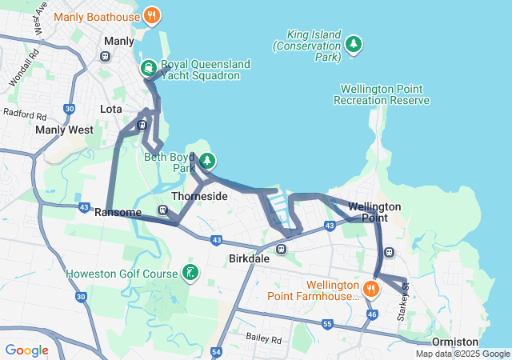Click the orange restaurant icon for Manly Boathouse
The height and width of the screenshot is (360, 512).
pos(152,15)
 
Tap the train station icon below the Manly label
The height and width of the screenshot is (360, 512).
pos(105,56)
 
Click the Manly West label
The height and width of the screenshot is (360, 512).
pos(64,129)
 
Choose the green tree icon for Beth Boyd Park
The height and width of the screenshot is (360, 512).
pos(207,161)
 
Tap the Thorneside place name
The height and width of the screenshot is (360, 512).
pos(200,196)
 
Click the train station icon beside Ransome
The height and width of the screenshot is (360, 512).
pos(162,211)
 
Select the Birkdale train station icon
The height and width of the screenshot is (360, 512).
pos(281,249)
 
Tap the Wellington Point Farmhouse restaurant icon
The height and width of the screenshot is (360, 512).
pos(370,288)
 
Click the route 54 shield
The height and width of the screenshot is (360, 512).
pos(217,351)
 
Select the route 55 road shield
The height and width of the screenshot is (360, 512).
pos(327,324)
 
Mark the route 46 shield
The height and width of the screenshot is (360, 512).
pos(371,315)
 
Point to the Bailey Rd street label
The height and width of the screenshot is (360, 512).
pos(264,339)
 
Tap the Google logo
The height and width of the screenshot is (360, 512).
pos(26,350)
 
